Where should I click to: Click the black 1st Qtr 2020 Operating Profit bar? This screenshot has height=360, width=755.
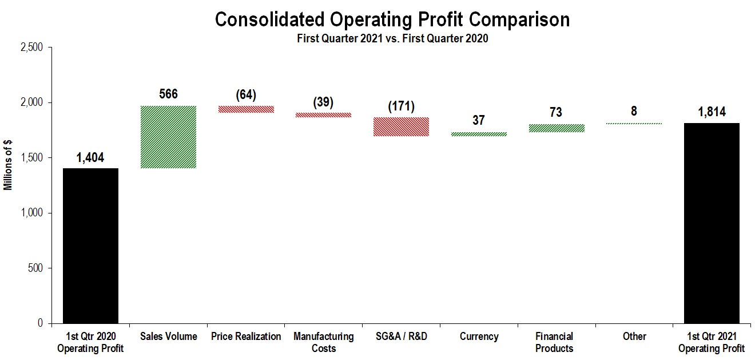pos(90,246)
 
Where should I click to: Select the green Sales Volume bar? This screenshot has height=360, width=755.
pos(168,137)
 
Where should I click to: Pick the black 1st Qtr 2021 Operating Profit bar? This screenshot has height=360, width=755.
pos(712,223)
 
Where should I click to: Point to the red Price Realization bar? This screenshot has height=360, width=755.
pos(246,109)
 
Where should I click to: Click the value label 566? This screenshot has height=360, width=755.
pos(168,94)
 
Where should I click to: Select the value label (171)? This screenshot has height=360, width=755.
pos(401,106)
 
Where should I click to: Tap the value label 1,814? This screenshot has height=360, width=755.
pos(712,112)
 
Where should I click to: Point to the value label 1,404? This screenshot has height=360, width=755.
pos(90,158)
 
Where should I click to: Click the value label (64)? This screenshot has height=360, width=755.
pos(246,94)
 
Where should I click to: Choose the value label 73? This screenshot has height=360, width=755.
pos(555,113)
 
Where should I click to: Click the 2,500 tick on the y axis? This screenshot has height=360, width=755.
pos(31,48)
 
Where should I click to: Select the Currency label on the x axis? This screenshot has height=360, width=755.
pos(479,337)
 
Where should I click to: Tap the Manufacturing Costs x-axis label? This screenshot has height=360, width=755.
pos(324,342)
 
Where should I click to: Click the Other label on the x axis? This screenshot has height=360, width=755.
pos(634,337)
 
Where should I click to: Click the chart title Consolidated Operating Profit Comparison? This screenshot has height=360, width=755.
pos(392,20)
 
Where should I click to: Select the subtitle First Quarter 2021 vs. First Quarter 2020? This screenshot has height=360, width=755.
pos(392,39)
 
